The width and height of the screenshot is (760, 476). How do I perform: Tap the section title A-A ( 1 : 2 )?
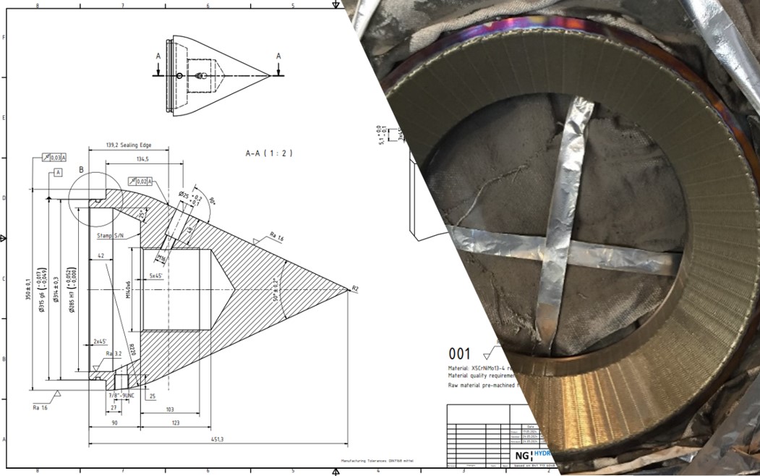click(x=269, y=153)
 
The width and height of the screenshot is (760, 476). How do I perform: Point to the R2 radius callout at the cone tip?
click(x=354, y=289)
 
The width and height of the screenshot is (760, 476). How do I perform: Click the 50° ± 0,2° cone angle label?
click(x=276, y=289)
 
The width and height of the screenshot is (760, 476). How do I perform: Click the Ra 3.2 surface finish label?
click(x=114, y=354)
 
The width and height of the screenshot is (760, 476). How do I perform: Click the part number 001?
click(x=460, y=354)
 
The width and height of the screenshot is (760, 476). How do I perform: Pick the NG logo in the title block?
click(x=522, y=456)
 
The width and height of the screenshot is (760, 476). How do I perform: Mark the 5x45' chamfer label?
click(x=155, y=276)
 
